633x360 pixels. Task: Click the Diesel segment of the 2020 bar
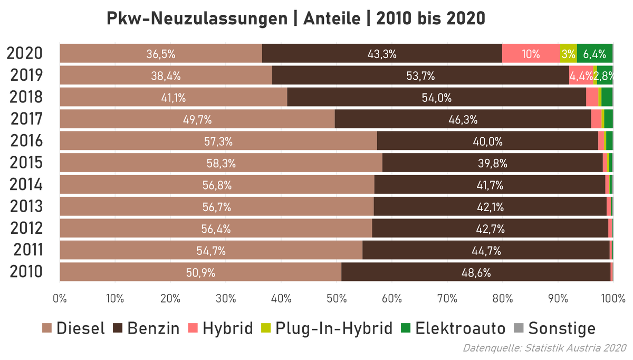160,54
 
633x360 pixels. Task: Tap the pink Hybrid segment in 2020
530,54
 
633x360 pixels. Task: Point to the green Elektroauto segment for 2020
594,54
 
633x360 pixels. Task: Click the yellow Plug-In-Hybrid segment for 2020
568,54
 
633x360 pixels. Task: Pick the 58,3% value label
221,164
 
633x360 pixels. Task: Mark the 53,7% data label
420,76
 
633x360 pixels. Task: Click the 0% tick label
60,298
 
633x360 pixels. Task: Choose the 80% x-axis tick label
502,298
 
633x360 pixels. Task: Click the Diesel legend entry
74,328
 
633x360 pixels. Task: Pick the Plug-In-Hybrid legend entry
327,328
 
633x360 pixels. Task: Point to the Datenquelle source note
544,348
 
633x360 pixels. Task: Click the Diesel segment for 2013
216,207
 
